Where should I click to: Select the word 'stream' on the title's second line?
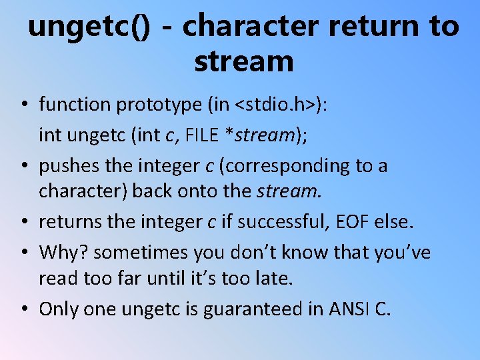[243, 61]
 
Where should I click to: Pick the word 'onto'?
[195, 191]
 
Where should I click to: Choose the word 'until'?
[167, 278]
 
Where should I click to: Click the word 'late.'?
[273, 278]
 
